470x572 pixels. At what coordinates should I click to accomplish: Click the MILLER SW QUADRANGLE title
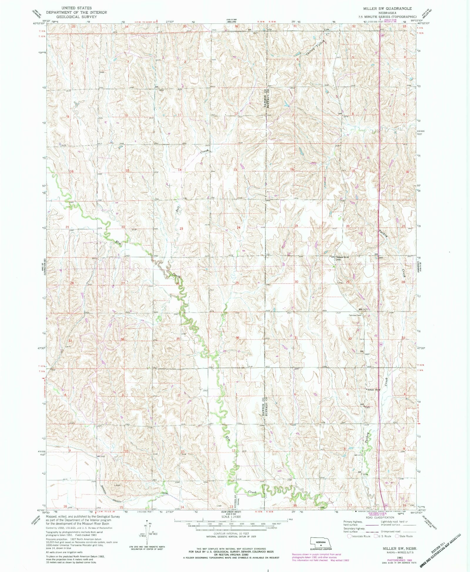pos(387,9)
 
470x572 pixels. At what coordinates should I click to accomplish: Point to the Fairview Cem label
pos(355,315)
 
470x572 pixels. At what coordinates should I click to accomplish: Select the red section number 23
pos(181,228)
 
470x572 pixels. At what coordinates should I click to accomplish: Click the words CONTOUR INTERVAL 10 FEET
pos(231,534)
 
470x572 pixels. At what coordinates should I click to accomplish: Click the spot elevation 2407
pos(367,354)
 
